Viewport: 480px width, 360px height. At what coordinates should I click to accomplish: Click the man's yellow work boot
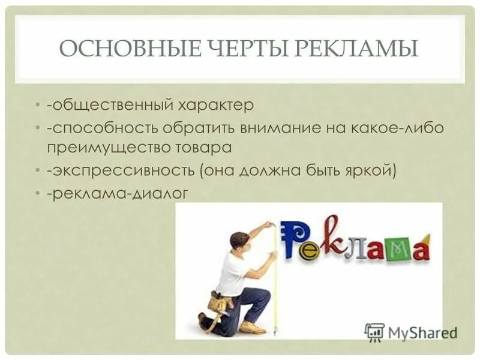251,327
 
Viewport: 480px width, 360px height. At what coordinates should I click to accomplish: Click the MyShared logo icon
374,331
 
